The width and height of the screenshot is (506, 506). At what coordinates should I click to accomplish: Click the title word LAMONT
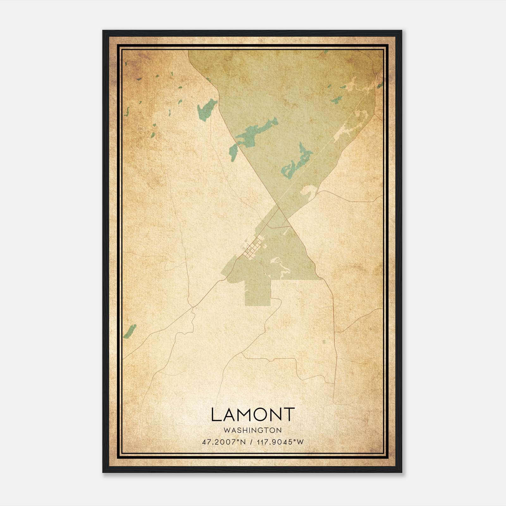click(253, 415)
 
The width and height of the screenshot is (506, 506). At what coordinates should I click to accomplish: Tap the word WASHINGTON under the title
click(252, 430)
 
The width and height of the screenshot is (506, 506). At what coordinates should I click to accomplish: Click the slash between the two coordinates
click(252, 442)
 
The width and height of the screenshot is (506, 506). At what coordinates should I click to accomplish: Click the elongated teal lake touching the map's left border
click(130, 331)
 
